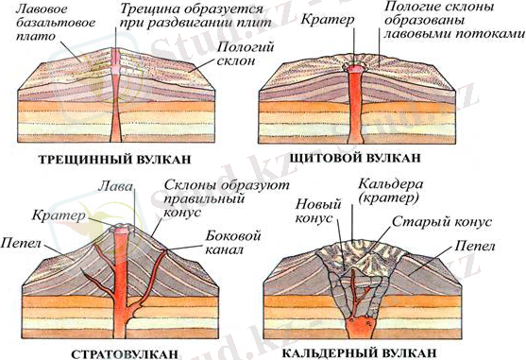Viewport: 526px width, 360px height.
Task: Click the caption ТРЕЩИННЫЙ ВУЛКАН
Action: coord(116,158)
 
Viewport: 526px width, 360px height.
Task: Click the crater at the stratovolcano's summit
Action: coord(120,230)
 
